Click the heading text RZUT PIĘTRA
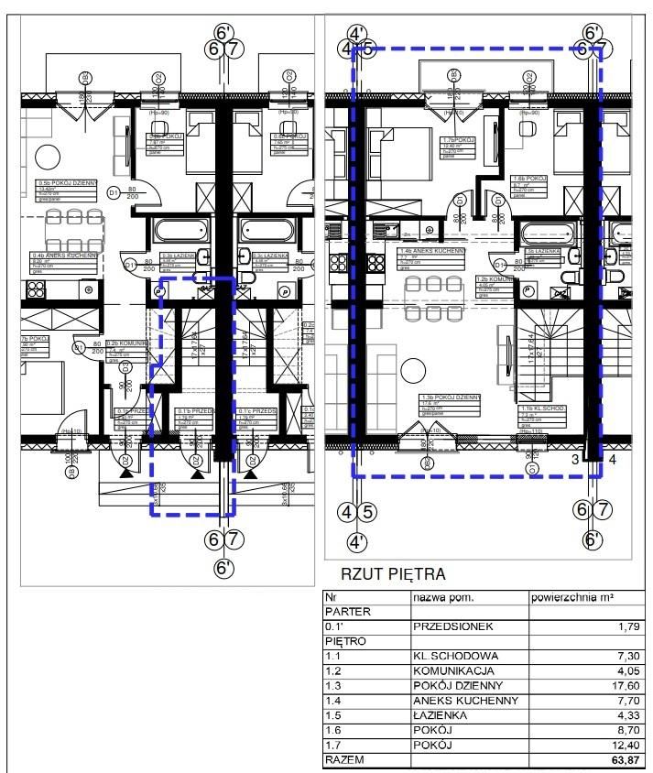(393, 574)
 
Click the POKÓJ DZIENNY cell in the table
(459, 685)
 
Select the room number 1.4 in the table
(333, 701)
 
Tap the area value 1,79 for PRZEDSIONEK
(629, 626)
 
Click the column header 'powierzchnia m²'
(572, 597)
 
